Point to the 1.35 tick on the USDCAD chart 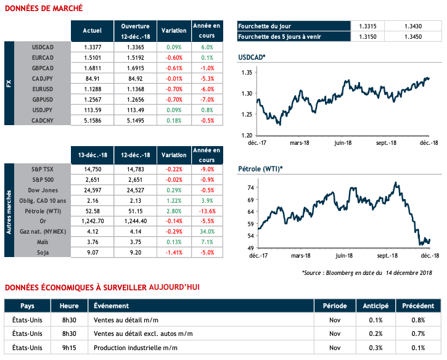[247, 73]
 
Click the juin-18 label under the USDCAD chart [342, 142]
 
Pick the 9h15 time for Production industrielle [69, 348]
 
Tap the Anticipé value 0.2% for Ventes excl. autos [376, 333]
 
